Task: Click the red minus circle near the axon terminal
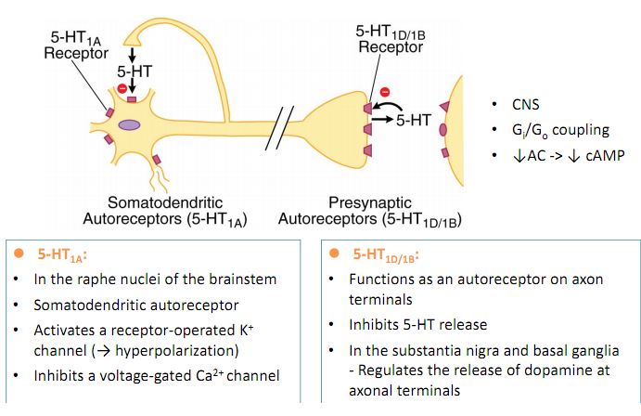(385, 91)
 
